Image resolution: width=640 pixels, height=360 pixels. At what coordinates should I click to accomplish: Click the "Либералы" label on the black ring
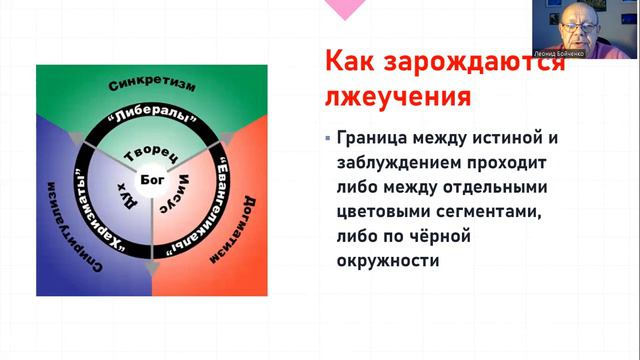click(x=151, y=115)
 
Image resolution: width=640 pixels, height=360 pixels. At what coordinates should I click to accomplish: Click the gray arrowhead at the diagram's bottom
click(x=151, y=267)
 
